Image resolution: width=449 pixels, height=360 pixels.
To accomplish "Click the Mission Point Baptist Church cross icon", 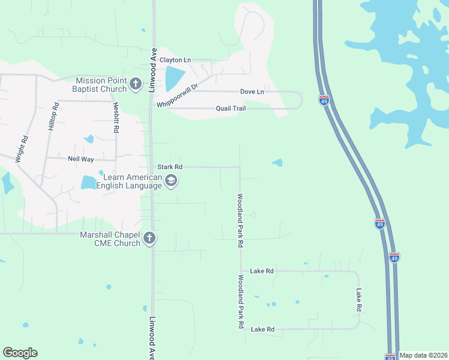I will point(136,84).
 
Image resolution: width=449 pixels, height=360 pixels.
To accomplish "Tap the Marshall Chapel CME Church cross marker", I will point(149,238).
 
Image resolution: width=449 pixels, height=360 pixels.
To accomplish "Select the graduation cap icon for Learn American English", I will point(171,181).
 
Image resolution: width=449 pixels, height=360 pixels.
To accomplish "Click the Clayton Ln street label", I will point(175,60).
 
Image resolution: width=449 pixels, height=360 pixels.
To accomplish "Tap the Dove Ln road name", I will point(252,92).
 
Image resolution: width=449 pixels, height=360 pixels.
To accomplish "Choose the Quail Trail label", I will point(231,109).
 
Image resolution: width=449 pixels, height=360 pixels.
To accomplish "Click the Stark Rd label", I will point(169,167).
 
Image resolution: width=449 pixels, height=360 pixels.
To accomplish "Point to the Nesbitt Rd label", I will point(115,117).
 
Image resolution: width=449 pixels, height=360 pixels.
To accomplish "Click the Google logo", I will point(20,353).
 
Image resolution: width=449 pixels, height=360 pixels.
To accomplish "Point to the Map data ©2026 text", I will point(423,355).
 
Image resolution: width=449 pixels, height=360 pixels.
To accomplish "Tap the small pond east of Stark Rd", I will point(277,162).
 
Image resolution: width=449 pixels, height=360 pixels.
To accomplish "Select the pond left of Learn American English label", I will point(89,182).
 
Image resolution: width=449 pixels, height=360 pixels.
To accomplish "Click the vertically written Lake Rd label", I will point(359,299).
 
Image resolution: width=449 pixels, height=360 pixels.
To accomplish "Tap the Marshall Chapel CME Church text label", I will point(110,238).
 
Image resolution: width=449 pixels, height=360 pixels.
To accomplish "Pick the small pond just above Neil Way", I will point(89,139).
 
